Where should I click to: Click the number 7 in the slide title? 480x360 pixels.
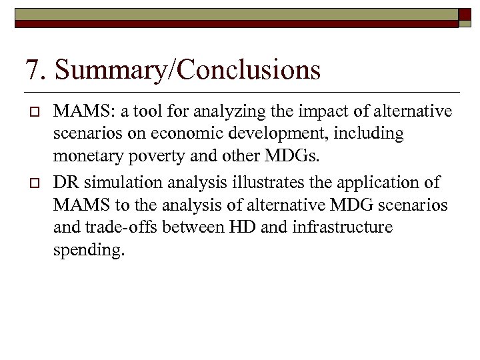tap(31, 70)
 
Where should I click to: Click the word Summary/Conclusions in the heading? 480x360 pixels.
tap(189, 70)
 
